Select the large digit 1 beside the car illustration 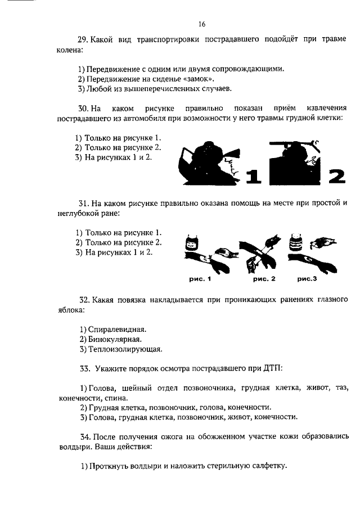[x=254, y=176]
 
